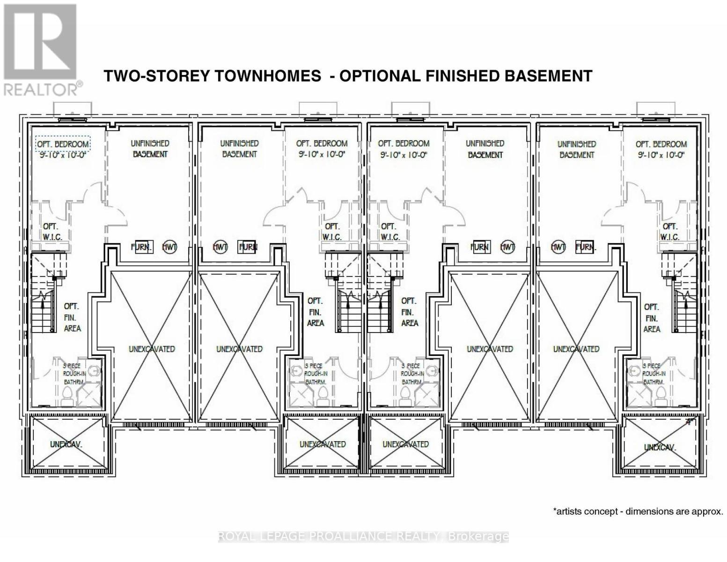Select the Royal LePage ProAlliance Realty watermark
click(363, 536)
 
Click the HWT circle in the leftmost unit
click(169, 247)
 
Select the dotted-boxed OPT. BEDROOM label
click(63, 144)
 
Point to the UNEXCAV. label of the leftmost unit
click(66, 444)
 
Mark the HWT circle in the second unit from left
click(220, 247)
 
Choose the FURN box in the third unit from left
click(480, 247)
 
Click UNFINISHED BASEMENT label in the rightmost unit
click(576, 149)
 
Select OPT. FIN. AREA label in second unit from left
click(315, 311)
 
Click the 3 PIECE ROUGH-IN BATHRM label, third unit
click(412, 374)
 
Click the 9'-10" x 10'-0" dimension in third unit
click(404, 155)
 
